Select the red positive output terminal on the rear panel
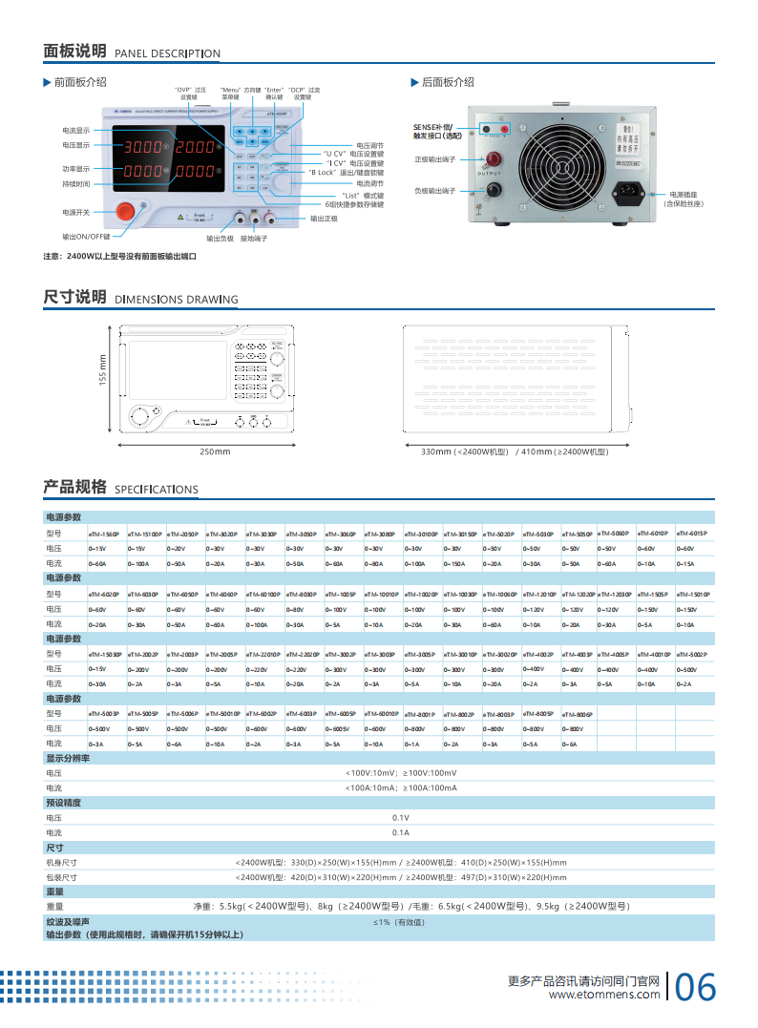[x=494, y=157]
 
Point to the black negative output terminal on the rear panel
[x=494, y=192]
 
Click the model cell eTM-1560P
[x=103, y=534]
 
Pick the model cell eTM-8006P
[x=578, y=713]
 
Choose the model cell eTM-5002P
[x=692, y=654]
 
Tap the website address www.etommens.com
[x=604, y=995]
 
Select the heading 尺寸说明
[x=74, y=297]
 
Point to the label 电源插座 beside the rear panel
[x=684, y=194]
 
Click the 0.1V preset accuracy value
[x=400, y=818]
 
